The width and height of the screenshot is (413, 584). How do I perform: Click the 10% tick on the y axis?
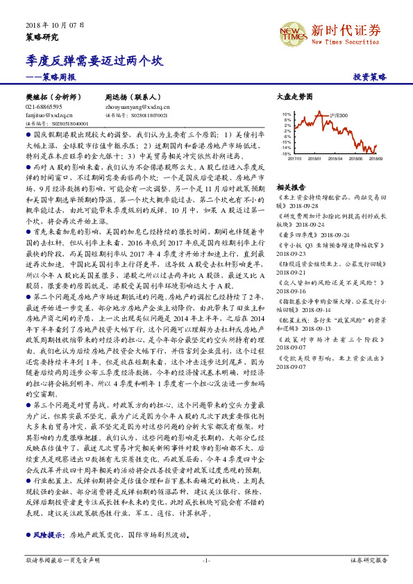click(x=286, y=113)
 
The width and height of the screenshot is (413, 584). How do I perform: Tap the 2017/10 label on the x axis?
click(x=294, y=159)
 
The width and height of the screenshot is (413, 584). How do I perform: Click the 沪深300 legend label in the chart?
click(x=337, y=116)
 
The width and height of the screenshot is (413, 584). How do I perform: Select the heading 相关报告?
click(x=291, y=188)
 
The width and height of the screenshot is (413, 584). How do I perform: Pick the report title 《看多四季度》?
click(x=296, y=235)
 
